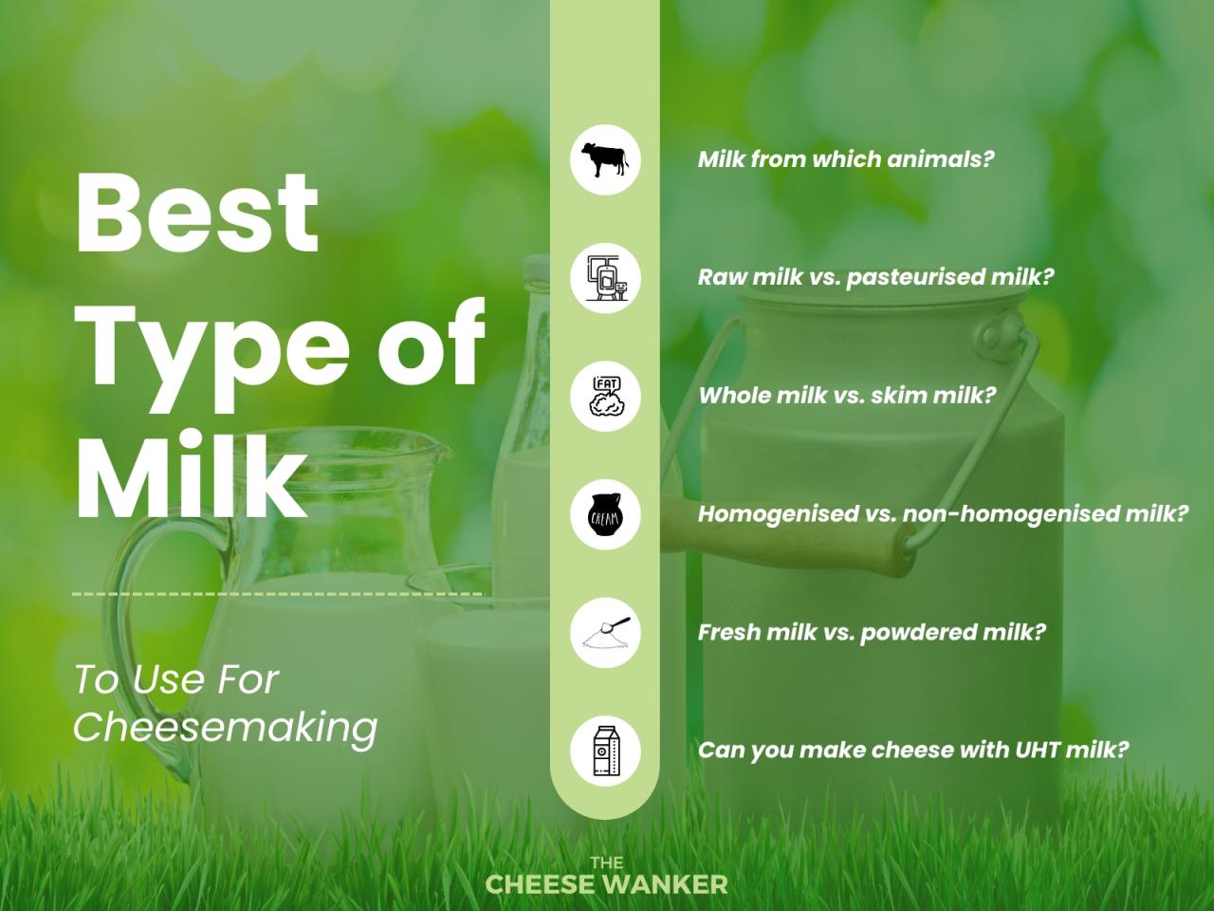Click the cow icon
(605, 159)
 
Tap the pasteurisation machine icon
(605, 278)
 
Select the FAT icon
(605, 397)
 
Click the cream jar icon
(605, 515)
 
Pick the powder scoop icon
(605, 633)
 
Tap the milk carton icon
(605, 751)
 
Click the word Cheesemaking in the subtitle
(225, 727)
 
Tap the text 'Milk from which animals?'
(845, 159)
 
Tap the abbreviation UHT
(1037, 750)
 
